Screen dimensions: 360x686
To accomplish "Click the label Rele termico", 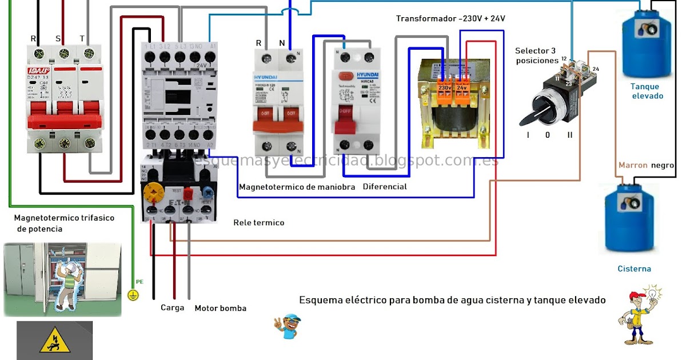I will [258, 222].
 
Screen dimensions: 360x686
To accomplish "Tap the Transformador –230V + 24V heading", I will [450, 19].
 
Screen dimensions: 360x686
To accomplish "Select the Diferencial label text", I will [385, 187].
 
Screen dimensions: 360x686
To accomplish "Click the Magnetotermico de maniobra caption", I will [297, 187].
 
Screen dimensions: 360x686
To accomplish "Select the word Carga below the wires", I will [172, 307].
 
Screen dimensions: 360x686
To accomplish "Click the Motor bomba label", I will [221, 308].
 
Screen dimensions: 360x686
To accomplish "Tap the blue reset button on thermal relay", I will [208, 190].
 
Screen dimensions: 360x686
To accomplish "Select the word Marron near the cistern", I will [633, 165].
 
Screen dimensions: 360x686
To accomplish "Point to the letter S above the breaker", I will [58, 38].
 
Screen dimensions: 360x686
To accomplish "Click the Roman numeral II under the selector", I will [569, 135].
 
